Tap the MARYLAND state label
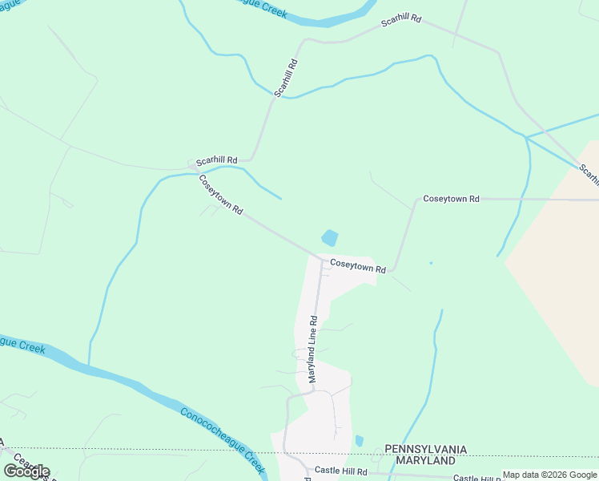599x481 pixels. point(420,461)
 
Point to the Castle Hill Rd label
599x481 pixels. point(340,471)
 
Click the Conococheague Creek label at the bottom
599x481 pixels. point(222,439)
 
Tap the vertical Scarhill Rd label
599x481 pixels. point(286,78)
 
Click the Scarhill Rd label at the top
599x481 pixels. point(400,19)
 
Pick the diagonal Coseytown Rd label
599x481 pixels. point(221,194)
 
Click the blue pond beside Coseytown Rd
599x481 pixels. point(329,238)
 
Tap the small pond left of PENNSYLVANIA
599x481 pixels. point(360,440)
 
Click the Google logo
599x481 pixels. point(26,471)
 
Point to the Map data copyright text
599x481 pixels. point(549,475)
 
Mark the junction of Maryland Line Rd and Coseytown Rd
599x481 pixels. point(321,259)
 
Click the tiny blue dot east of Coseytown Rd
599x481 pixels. point(431,262)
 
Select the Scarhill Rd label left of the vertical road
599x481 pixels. point(217,160)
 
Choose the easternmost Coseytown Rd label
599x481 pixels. point(451,198)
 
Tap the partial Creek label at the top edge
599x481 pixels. point(264,6)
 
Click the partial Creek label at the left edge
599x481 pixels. point(22,343)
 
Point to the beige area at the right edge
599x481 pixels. point(561,240)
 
